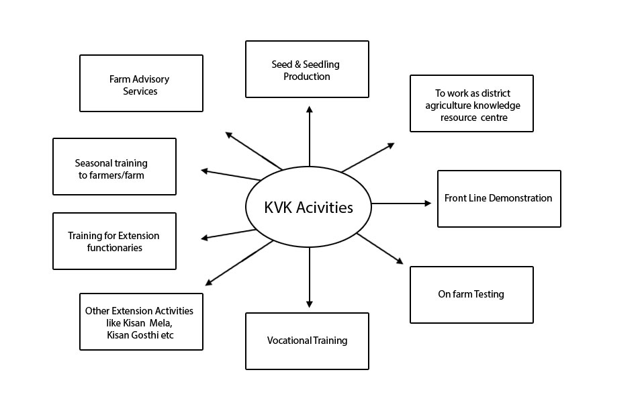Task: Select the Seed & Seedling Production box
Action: [x=307, y=69]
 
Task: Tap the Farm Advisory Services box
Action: [x=141, y=83]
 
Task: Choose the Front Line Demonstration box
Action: [x=499, y=199]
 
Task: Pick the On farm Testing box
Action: [x=471, y=294]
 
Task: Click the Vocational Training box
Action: [x=307, y=341]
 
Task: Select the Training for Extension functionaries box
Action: [x=114, y=241]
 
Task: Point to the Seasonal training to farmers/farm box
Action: [x=114, y=167]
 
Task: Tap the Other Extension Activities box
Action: [x=141, y=321]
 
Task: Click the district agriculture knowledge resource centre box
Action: [x=471, y=103]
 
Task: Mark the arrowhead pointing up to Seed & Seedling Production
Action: [x=309, y=108]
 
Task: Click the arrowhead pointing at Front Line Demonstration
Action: [x=428, y=203]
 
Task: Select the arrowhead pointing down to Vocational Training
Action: [x=309, y=304]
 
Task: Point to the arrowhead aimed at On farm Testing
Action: [x=400, y=261]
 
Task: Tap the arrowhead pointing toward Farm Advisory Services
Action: [x=228, y=134]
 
